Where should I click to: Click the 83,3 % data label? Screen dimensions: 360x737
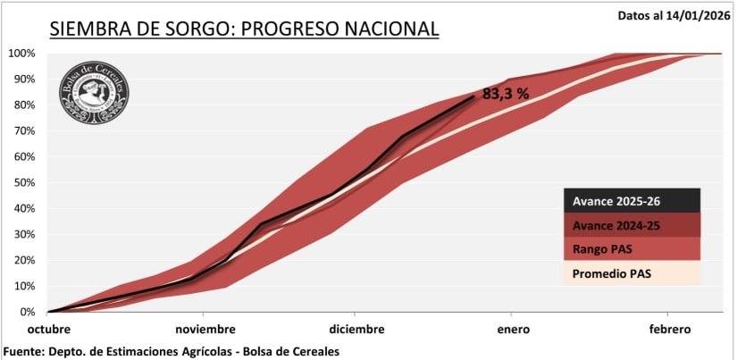pos(507,93)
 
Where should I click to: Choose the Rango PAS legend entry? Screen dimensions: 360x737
pos(631,248)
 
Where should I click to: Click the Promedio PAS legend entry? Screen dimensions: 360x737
pos(631,272)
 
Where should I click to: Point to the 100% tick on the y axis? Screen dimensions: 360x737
pos(21,54)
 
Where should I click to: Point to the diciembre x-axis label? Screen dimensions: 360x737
pos(356,329)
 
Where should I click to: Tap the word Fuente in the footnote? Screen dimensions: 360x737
pos(27,351)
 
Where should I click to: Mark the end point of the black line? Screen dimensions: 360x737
pos(474,96)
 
